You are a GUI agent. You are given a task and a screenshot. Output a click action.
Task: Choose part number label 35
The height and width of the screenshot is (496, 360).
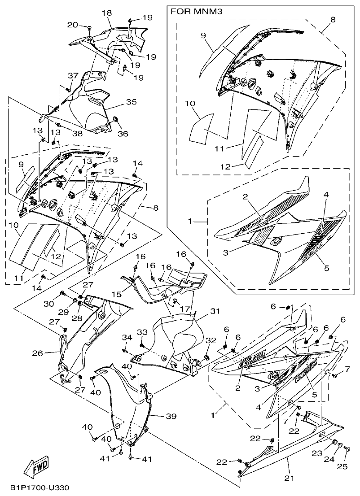pos(131,102)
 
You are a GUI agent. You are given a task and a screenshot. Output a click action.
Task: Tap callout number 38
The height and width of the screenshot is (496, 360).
pos(77,133)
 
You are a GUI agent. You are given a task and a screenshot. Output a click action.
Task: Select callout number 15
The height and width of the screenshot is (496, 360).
pos(116,294)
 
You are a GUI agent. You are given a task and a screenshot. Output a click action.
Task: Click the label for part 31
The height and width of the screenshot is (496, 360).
pos(215,311)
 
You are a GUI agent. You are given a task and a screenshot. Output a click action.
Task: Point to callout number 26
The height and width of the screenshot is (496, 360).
pos(38,353)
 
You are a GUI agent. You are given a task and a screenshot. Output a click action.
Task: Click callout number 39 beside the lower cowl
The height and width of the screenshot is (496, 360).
pos(171,416)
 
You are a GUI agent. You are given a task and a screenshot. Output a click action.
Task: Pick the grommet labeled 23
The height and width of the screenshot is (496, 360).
pos(334,443)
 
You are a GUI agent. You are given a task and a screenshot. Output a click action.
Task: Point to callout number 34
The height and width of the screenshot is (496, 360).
pos(127,337)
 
